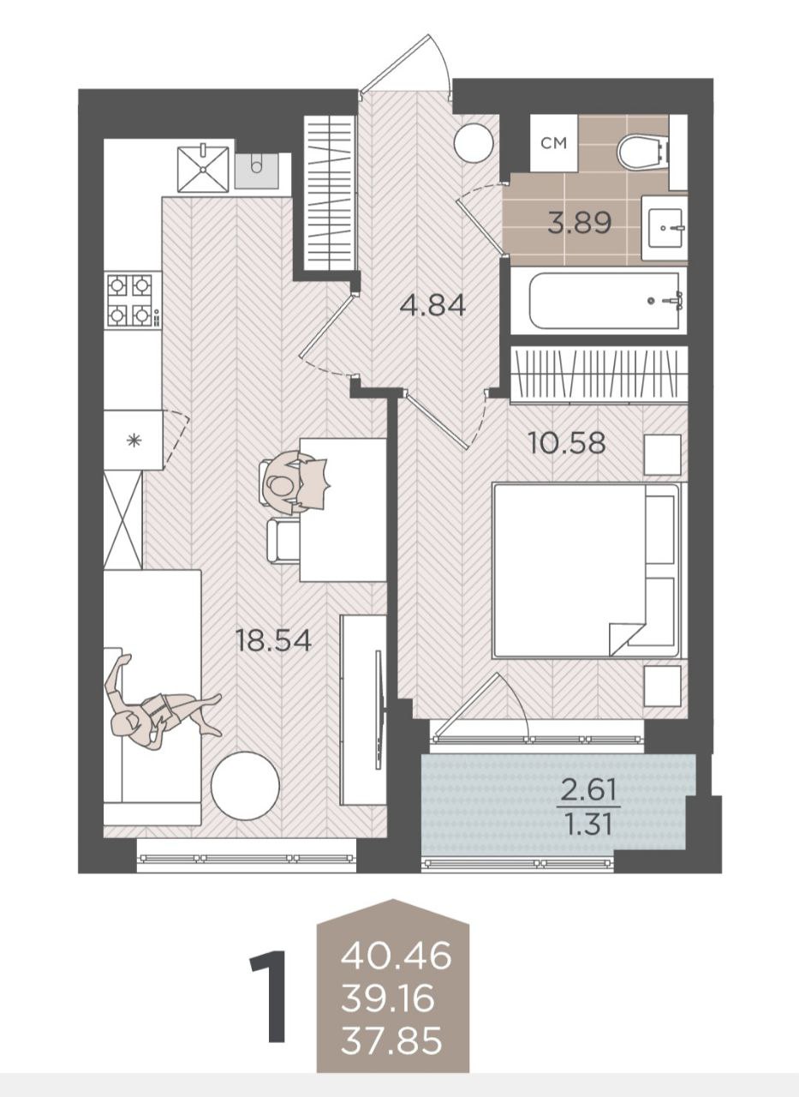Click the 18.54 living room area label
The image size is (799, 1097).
[273, 640]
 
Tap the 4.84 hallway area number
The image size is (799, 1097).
[432, 306]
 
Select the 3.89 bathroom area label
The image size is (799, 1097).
[580, 223]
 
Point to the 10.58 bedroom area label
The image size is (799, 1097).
[567, 442]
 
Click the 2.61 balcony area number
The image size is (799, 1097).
[588, 790]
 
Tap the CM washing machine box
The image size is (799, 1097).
[554, 143]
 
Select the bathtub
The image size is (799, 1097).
[605, 301]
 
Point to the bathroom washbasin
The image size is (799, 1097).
[665, 228]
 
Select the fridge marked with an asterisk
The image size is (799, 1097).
[133, 441]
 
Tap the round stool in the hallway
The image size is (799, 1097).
[473, 143]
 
